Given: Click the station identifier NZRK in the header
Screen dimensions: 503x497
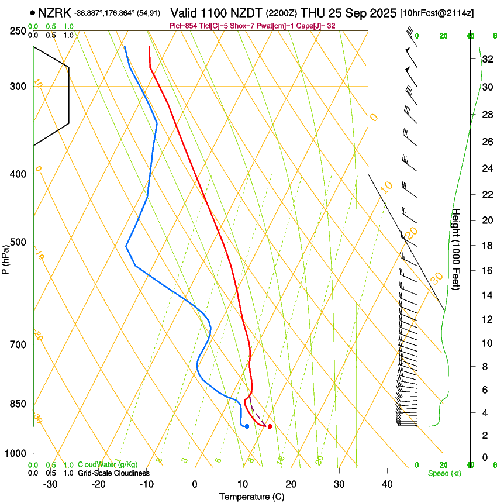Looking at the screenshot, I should coord(56,12).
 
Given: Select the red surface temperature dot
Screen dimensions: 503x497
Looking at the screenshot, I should coord(269,426).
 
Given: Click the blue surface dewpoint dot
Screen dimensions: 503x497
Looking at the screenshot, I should coord(247,426).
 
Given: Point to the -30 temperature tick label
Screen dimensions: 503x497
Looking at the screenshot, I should coord(50,484).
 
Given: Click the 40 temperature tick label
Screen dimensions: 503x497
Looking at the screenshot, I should coord(386,484).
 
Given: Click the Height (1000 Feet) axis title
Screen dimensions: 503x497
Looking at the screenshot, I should coord(457,249).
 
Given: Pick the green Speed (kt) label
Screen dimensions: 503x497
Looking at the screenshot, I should coord(444,473).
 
